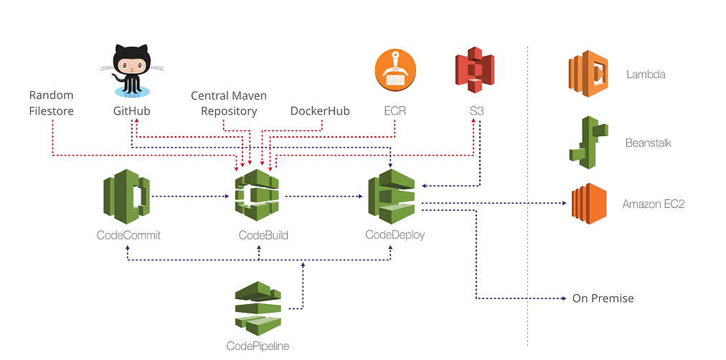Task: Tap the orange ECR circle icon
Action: (x=395, y=71)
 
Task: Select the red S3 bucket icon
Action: (x=474, y=70)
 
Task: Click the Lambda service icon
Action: (x=588, y=74)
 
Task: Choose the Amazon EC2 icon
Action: (x=589, y=204)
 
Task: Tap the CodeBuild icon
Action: (x=257, y=195)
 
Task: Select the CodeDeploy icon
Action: (x=391, y=194)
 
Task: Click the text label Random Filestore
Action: (x=52, y=103)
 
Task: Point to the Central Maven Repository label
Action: (x=230, y=103)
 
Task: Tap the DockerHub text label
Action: (x=320, y=111)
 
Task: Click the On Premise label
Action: (x=603, y=298)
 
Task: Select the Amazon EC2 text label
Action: (x=653, y=204)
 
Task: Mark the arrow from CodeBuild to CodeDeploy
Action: (x=323, y=196)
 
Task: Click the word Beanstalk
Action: (x=648, y=143)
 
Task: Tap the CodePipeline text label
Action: (x=258, y=346)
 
